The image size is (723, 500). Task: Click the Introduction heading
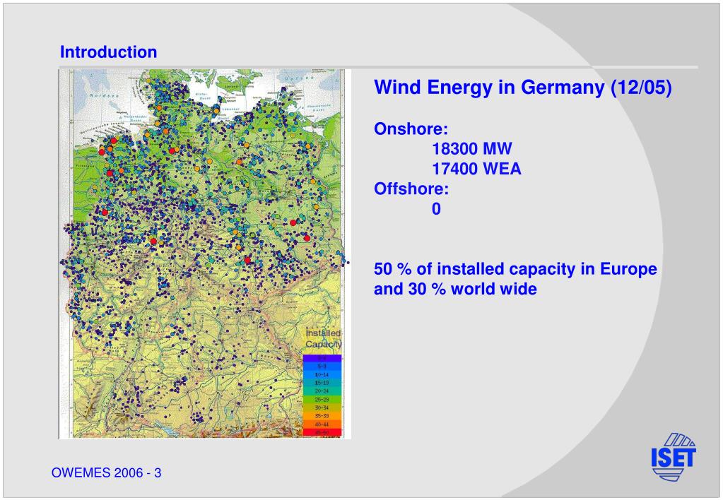pos(108,52)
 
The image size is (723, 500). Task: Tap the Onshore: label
pos(411,130)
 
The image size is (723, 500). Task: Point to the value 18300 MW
pos(472,150)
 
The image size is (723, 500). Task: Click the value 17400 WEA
pos(476,169)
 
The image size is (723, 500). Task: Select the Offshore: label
pos(411,189)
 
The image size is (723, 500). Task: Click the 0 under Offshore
pos(437,209)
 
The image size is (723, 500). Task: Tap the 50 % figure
pos(393,270)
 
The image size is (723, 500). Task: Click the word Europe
pos(628,270)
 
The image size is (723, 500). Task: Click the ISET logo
pos(673,456)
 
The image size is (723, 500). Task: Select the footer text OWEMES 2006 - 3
pos(107,472)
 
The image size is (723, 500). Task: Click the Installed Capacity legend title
pos(323,338)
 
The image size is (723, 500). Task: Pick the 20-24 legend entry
pos(322,391)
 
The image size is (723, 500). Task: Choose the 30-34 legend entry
pos(322,407)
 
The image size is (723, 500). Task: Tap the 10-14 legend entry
pos(322,374)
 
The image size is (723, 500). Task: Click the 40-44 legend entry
pos(322,424)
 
